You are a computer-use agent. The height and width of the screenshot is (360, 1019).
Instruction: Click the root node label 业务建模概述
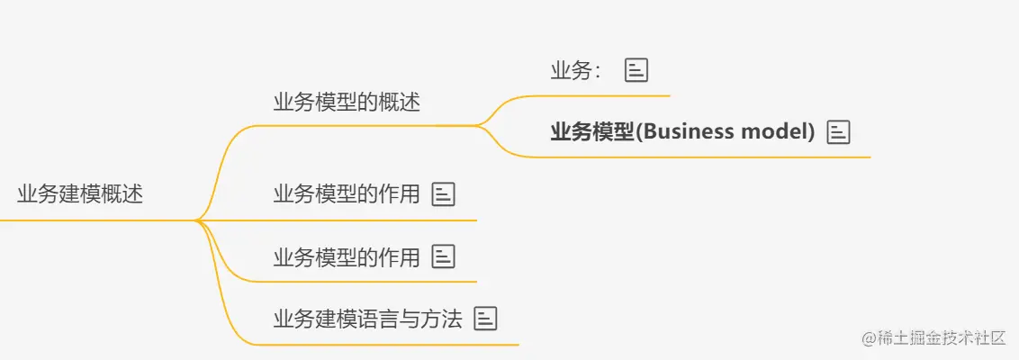[80, 194]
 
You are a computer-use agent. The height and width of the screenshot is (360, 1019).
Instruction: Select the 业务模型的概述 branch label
[347, 102]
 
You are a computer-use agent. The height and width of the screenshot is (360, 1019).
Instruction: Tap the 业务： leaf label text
[576, 71]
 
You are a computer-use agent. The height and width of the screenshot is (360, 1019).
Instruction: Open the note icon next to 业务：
[636, 71]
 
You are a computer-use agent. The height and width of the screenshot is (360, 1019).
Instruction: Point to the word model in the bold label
[777, 132]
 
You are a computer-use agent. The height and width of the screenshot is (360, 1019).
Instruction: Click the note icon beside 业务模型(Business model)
[838, 132]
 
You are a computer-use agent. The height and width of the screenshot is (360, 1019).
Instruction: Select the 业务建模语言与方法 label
[367, 318]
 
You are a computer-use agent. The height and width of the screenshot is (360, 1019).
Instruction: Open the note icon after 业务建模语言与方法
[486, 318]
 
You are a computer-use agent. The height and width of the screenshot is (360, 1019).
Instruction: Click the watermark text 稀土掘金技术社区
[942, 338]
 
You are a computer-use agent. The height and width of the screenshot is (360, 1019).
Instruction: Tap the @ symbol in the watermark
[869, 338]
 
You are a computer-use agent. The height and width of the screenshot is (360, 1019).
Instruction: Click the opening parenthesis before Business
[638, 132]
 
